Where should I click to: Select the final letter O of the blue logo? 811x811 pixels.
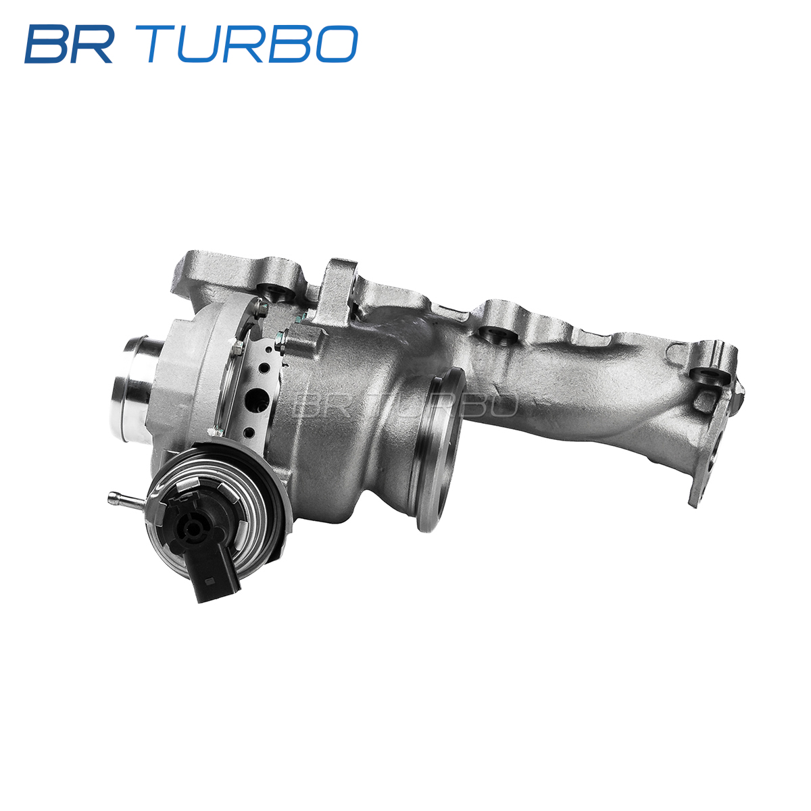[x=337, y=44]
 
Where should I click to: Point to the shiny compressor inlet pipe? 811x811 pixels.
[x=134, y=385]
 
